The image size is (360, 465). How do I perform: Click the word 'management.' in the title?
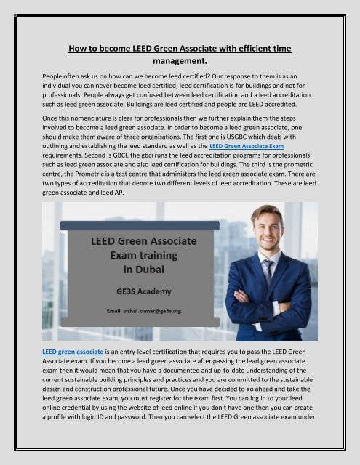(x=180, y=62)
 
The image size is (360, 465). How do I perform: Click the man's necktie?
(x=268, y=275)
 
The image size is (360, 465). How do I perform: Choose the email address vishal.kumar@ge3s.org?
(x=164, y=310)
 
